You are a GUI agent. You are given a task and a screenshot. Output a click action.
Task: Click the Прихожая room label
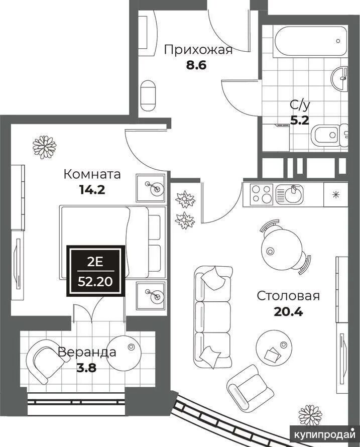tap(198, 50)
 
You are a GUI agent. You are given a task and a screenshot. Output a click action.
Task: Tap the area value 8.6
tap(196, 66)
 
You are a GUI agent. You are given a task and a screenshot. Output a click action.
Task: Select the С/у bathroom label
tap(300, 105)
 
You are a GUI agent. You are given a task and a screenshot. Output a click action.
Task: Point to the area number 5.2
tap(300, 121)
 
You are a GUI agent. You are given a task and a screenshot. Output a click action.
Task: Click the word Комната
tap(92, 174)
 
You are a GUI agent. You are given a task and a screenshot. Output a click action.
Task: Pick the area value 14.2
tap(92, 189)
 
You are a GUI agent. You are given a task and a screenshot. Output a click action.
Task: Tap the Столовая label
tap(288, 296)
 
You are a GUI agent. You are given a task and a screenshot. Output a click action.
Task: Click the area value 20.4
tap(288, 311)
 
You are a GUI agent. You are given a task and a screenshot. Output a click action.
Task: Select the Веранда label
tap(87, 352)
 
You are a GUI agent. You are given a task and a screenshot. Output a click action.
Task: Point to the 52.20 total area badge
tap(96, 271)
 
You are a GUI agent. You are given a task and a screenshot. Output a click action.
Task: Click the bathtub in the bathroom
tap(310, 42)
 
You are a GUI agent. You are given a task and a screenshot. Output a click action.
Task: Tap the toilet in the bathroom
tap(329, 135)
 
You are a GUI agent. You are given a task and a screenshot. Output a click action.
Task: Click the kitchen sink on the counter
tap(289, 195)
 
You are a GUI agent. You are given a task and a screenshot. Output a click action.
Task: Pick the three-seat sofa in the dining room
tap(213, 317)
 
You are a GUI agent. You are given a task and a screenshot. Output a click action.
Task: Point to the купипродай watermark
tap(325, 435)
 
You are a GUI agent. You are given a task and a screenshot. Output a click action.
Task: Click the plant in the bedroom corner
tap(44, 147)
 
